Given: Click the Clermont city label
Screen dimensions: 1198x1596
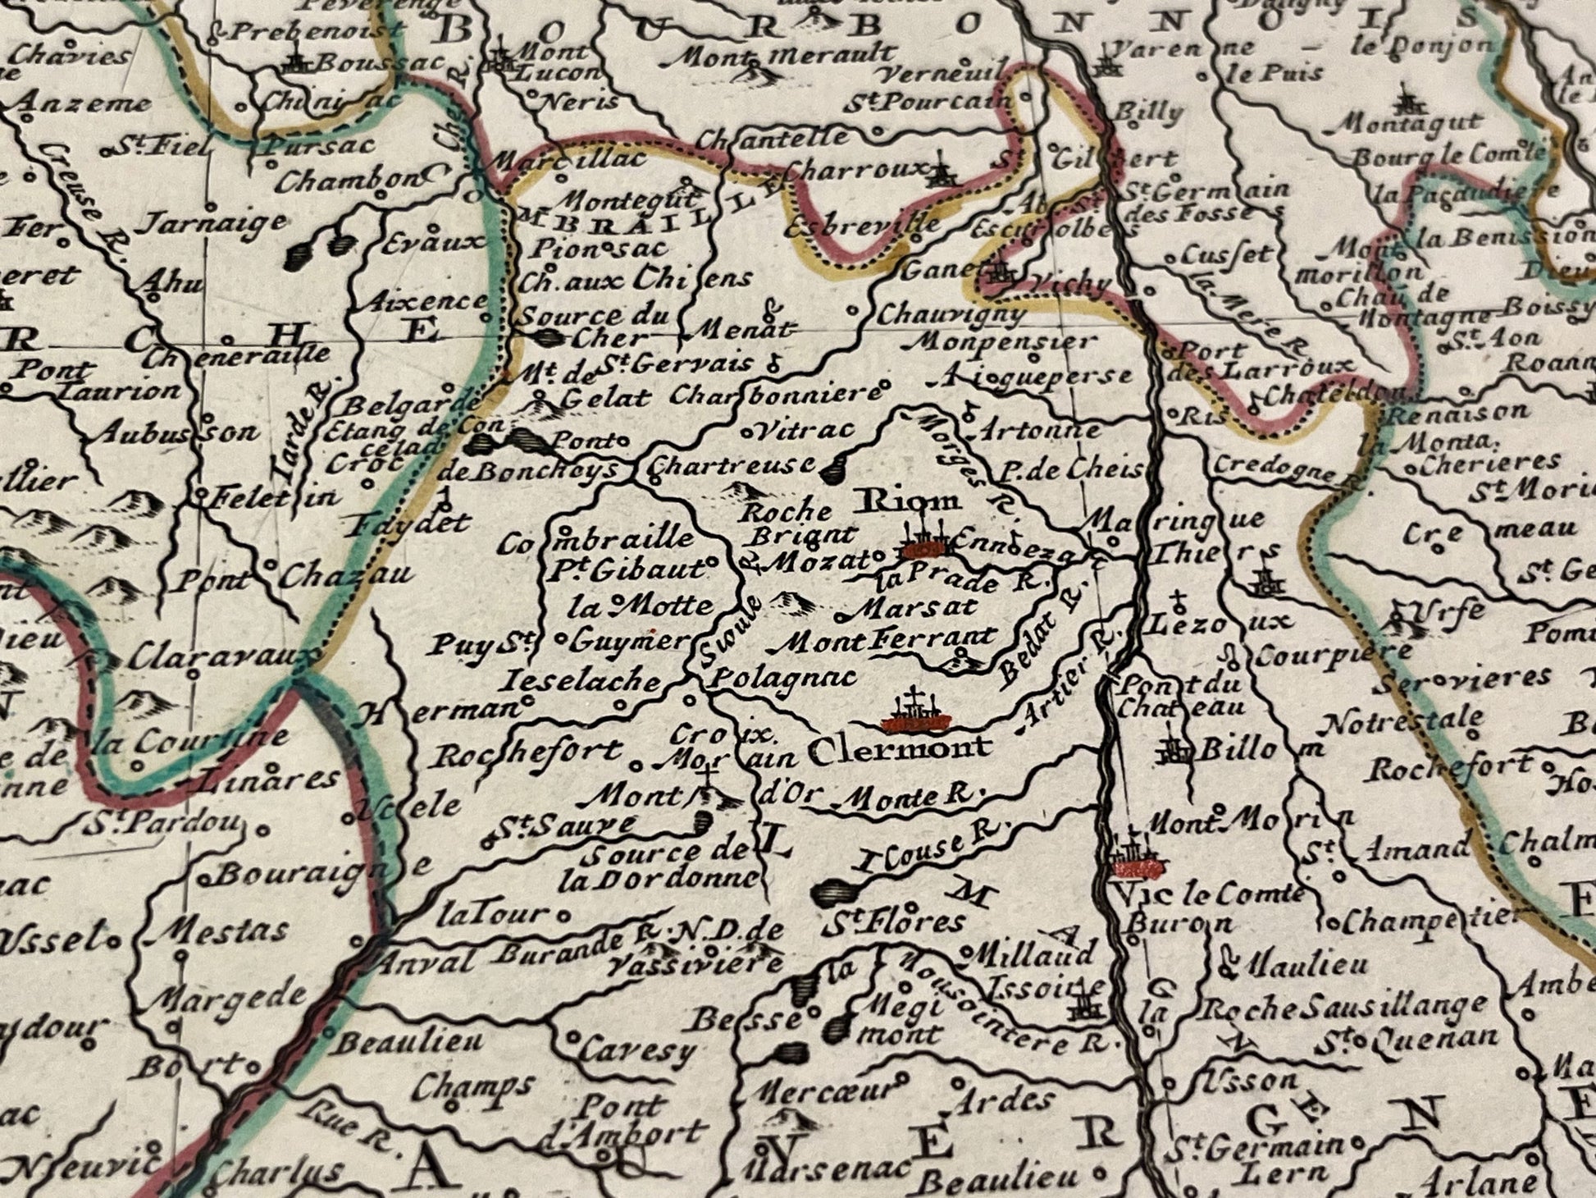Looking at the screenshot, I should point(899,748).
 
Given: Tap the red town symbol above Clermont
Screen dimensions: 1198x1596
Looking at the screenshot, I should point(916,719).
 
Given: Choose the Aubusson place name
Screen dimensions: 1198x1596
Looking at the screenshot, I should point(176,432).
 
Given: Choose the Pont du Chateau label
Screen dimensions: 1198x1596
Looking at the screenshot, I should point(1181,694).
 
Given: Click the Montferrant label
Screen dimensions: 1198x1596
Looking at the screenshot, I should point(890,638).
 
